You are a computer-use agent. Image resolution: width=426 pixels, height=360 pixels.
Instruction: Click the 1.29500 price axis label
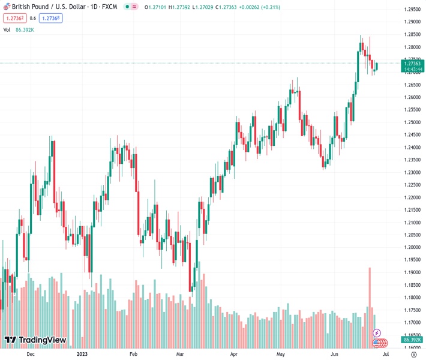coord(412,10)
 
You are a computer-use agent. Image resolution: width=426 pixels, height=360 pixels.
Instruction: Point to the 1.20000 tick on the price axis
coord(412,247)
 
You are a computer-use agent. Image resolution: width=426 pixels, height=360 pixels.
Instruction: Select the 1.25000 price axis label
coord(412,122)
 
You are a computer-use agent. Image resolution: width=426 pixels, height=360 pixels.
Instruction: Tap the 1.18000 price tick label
coord(412,298)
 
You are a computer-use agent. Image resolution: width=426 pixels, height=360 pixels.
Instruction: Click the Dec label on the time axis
coord(31,355)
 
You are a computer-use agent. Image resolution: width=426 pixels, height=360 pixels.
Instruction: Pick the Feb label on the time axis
coord(133,355)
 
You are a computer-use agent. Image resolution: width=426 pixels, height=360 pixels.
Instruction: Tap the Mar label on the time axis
coord(180,355)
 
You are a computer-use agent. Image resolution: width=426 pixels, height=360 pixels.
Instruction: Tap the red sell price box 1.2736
coord(15,18)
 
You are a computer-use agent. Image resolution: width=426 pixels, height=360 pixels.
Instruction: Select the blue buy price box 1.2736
coord(51,18)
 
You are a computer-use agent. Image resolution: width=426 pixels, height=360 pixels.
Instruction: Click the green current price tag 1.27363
coord(412,63)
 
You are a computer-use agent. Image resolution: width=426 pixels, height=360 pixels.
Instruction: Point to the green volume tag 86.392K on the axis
coord(412,340)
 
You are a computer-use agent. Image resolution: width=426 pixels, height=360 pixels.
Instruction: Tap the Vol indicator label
coord(7,29)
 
